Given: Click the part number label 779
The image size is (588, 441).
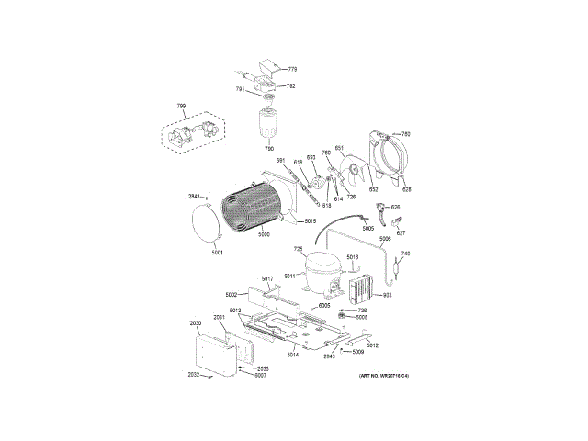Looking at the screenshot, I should pos(292,70).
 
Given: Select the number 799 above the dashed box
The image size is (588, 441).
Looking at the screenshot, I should pos(181,107).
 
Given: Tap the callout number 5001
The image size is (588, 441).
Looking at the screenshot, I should pos(218,253).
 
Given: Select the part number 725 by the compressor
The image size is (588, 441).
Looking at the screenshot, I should pos(298,249).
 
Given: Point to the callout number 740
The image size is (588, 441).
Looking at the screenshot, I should pos(404,254).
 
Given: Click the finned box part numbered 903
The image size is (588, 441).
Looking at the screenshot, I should pos(362,290).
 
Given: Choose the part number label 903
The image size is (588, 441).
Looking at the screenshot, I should pos(388,296).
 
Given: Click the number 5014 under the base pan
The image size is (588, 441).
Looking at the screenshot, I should pos(292,355).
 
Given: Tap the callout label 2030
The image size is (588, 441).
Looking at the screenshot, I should pos(195,323).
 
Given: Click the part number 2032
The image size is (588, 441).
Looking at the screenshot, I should pos(194,375).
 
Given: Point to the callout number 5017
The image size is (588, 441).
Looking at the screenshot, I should pos(267,278).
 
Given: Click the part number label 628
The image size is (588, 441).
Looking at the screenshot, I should pos(406,189).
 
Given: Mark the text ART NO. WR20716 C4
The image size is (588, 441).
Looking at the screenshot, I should pos(383,376).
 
